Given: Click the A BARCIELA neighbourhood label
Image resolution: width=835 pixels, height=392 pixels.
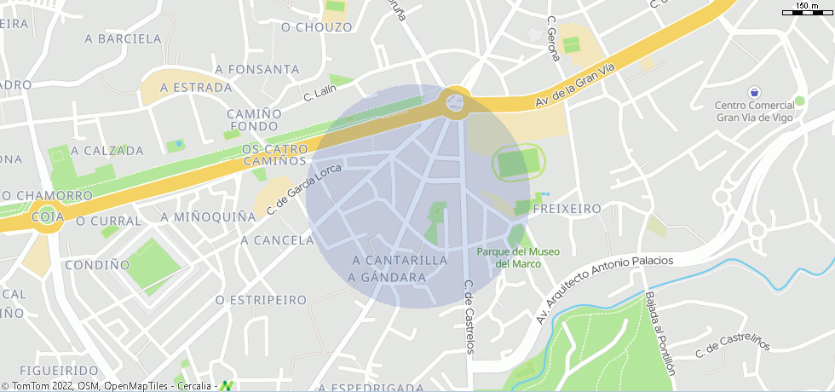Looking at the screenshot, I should (x=124, y=38).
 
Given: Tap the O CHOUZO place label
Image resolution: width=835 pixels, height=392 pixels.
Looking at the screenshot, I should (x=316, y=27).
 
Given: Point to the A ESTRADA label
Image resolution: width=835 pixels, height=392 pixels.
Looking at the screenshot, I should (x=196, y=88).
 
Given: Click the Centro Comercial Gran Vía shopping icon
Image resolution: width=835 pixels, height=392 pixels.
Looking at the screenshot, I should (x=753, y=91).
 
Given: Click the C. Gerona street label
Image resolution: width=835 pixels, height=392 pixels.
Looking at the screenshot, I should (x=553, y=39).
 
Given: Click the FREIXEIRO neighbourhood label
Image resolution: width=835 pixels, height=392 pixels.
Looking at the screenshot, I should (x=567, y=209).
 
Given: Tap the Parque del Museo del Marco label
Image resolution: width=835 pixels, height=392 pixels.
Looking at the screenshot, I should (x=518, y=257).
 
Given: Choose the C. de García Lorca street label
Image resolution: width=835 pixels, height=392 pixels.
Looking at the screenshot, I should (x=303, y=189).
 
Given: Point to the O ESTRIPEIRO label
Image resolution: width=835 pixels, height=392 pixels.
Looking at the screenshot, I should (x=261, y=300).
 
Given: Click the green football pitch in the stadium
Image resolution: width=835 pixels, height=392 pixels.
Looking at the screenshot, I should (x=518, y=162).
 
